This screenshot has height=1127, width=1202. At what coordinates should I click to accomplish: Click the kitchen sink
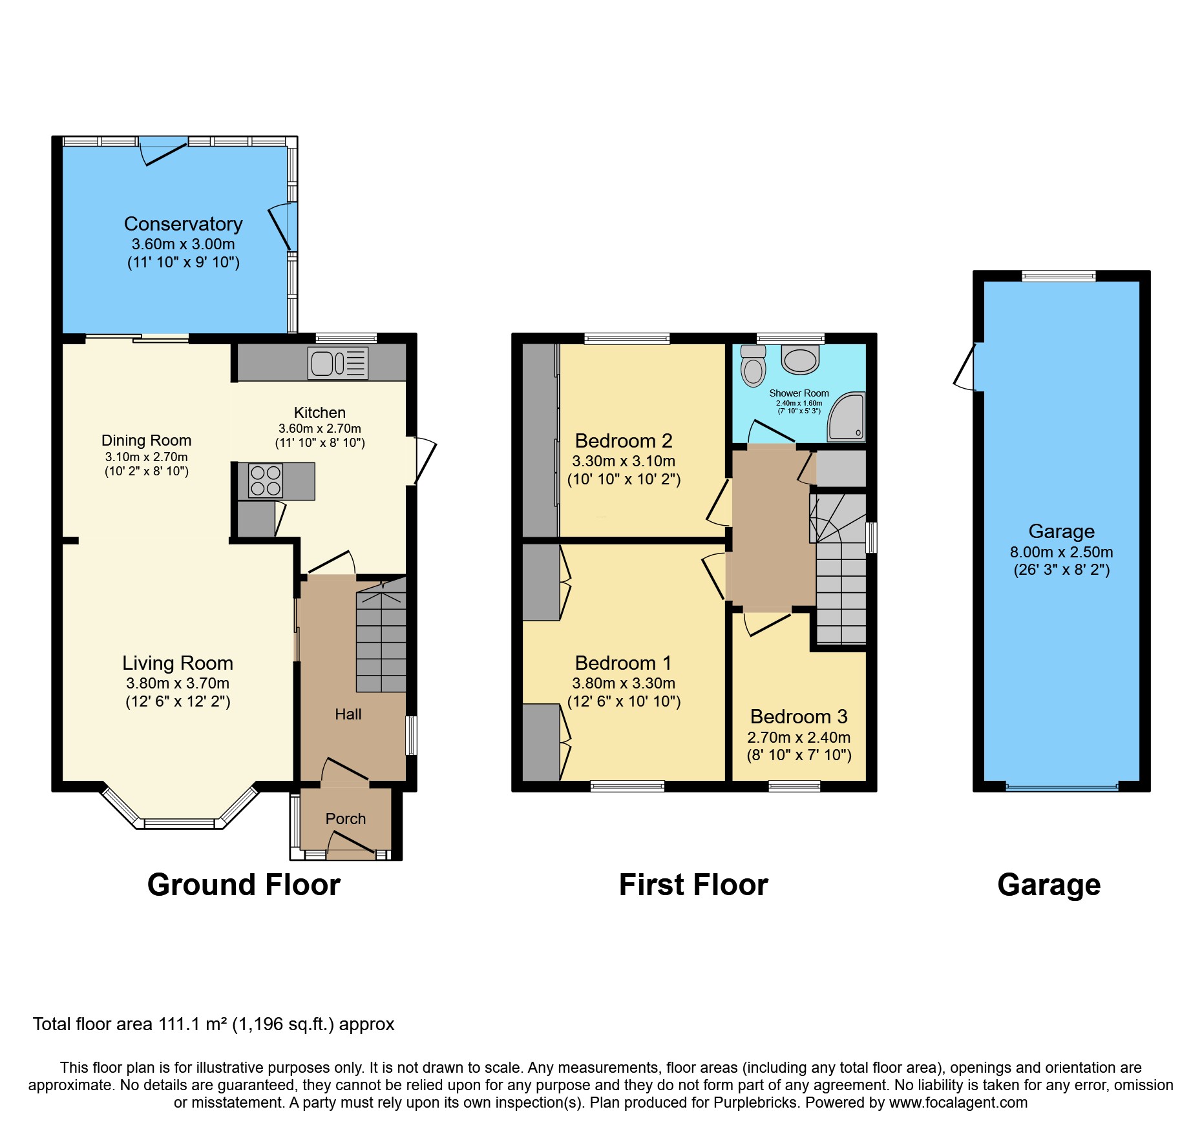coord(337,363)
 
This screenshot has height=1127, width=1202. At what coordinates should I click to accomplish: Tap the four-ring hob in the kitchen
coord(266,481)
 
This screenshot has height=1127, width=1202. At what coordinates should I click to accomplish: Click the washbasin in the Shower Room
coord(801,360)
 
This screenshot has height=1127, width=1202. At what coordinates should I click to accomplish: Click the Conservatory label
coord(183,224)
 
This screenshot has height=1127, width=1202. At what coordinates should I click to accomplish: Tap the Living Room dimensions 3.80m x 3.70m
coord(178,683)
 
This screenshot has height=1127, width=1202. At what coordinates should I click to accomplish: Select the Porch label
coord(346,819)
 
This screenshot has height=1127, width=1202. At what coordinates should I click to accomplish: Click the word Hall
coord(348,714)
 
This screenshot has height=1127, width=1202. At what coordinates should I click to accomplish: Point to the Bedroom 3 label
coord(799,717)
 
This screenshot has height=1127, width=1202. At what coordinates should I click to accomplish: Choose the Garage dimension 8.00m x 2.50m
coord(1061,552)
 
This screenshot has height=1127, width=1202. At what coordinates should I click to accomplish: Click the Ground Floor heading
coord(244,885)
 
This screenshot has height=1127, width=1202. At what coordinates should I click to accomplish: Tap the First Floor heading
coord(693,885)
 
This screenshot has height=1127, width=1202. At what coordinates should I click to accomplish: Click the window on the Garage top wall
coord(1059,276)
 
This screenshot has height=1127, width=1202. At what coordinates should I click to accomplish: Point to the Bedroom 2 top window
coord(627,338)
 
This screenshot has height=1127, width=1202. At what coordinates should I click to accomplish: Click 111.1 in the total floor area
coord(178,1024)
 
